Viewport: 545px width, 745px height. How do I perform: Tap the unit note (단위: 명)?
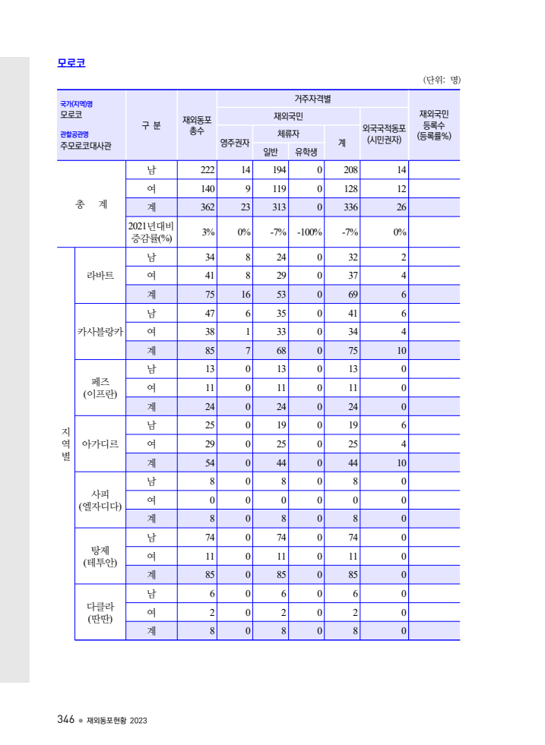(442, 80)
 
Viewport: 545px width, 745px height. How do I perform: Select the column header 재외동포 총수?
(197, 125)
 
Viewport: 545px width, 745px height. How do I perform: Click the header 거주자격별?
(312, 99)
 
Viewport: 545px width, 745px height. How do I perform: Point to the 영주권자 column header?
(235, 142)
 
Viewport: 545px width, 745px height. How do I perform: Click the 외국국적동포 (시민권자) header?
(384, 134)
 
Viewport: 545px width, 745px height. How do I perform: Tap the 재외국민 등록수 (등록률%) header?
(434, 125)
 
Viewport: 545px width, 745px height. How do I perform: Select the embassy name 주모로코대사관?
(86, 146)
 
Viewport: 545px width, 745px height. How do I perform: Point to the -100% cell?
(310, 232)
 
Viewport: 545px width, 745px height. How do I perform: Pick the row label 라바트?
(100, 275)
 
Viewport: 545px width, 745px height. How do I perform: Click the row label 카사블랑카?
(100, 331)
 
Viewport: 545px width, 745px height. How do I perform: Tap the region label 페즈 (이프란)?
(100, 387)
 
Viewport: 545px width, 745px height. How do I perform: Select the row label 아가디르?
(100, 444)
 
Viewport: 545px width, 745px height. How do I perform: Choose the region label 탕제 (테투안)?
(100, 556)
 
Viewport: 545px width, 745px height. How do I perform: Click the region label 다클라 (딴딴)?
(100, 612)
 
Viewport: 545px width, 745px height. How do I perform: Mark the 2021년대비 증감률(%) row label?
(151, 232)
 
